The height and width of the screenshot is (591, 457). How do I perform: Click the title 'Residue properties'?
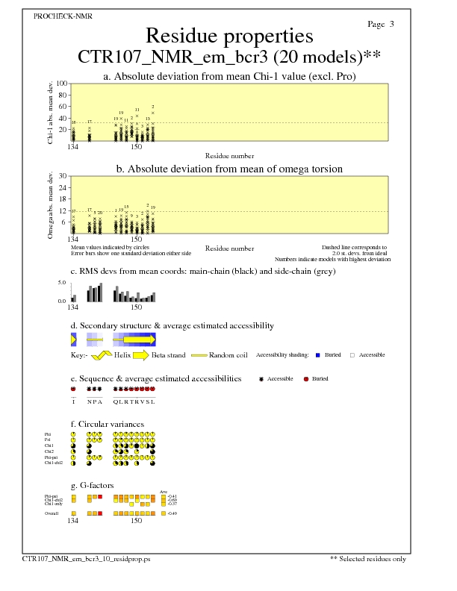point(228,36)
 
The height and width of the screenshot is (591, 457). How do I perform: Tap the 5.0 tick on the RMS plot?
point(63,283)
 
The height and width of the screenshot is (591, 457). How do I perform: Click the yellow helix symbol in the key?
point(102,355)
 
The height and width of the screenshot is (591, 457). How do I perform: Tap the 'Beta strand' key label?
point(168,355)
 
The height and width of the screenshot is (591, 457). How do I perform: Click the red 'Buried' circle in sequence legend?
point(305,379)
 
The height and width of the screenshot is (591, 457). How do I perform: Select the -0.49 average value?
point(172,514)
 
